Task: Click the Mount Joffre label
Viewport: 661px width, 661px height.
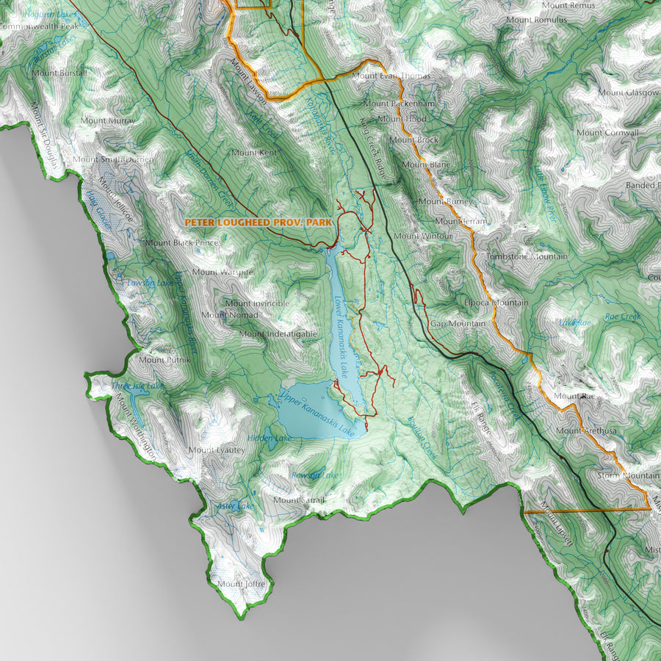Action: [x=240, y=584]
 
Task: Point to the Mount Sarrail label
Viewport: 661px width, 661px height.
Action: [x=299, y=501]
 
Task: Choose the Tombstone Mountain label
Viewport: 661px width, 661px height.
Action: [x=527, y=256]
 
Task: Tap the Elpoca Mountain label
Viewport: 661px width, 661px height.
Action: [x=496, y=303]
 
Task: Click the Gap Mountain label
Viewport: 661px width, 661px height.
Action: [x=458, y=323]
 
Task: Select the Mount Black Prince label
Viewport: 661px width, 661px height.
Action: [x=181, y=242]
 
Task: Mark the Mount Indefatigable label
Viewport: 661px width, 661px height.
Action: [x=278, y=333]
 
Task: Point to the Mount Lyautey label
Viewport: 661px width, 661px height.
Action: [x=216, y=449]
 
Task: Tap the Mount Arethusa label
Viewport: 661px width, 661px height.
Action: [x=586, y=430]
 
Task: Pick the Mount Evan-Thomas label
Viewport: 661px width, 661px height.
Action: [x=386, y=76]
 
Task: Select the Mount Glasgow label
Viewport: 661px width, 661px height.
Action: [x=627, y=93]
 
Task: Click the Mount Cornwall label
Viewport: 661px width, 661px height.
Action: [x=607, y=133]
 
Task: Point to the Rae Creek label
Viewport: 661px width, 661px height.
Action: [x=623, y=317]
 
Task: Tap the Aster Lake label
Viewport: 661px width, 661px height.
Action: [x=235, y=506]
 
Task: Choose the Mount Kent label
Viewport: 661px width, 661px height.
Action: [x=253, y=153]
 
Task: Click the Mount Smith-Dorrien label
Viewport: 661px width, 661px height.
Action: [x=113, y=159]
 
